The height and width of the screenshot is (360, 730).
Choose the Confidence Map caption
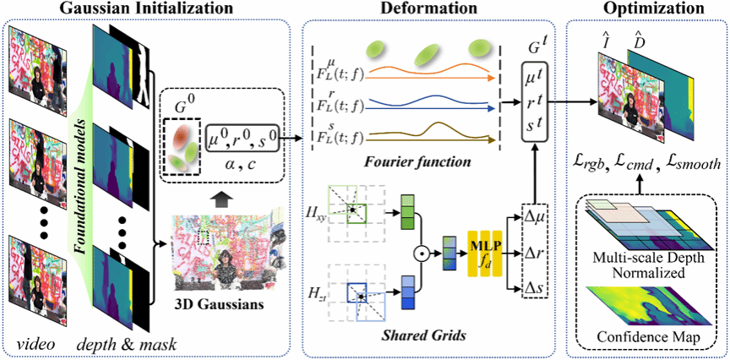651,340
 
